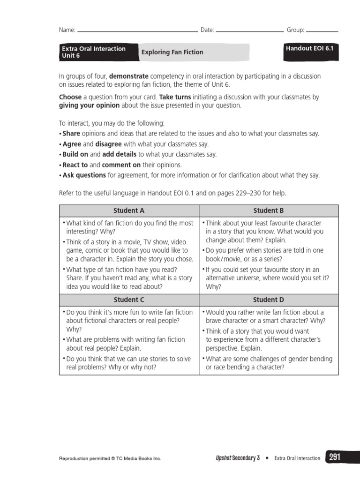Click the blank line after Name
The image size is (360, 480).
[x=137, y=31]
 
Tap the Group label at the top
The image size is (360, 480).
[x=295, y=30]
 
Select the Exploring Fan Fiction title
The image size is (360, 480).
[x=172, y=52]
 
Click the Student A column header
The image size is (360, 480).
[x=129, y=210]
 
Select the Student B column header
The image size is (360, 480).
[x=269, y=210]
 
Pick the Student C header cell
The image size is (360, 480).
[x=129, y=300]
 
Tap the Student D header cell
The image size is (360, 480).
[x=269, y=300]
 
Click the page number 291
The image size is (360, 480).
[x=334, y=457]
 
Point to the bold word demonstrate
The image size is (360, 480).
[x=129, y=76]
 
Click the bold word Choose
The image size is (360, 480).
[x=70, y=97]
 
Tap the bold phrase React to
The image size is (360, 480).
[x=75, y=165]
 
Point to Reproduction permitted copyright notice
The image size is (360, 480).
[x=110, y=458]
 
